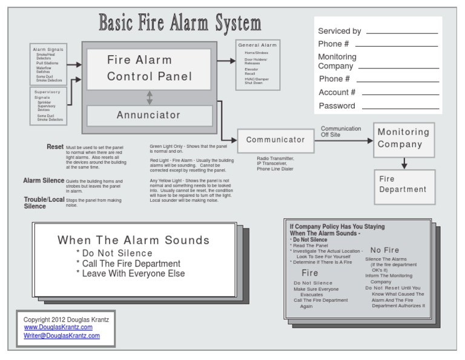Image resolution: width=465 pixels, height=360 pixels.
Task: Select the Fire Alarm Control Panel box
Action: pos(149,68)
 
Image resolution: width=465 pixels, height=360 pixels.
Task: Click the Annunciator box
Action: pos(149,115)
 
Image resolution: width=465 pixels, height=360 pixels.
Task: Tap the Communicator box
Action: pos(275,140)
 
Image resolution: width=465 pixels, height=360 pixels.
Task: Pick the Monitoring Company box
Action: pos(404,139)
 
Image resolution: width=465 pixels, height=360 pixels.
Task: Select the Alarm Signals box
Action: pos(48,63)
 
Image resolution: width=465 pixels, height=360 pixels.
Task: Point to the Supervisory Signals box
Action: pos(48,105)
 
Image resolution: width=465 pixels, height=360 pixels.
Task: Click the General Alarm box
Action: pos(257,64)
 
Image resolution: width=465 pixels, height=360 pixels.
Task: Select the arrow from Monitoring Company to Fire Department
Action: pos(404,163)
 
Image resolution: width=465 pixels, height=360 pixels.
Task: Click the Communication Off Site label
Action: pos(341,132)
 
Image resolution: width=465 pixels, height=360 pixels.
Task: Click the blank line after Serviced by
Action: pos(401,32)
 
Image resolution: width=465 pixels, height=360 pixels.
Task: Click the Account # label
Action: pos(337,92)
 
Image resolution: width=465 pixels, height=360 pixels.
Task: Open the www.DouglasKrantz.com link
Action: pos(58,327)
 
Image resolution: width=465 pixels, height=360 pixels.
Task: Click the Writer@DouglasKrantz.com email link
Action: pos(62,335)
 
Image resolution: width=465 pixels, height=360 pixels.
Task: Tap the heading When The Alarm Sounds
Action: pos(133,240)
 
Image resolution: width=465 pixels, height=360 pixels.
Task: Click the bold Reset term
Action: pos(55,147)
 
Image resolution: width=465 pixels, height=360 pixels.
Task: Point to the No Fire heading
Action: pos(384,250)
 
